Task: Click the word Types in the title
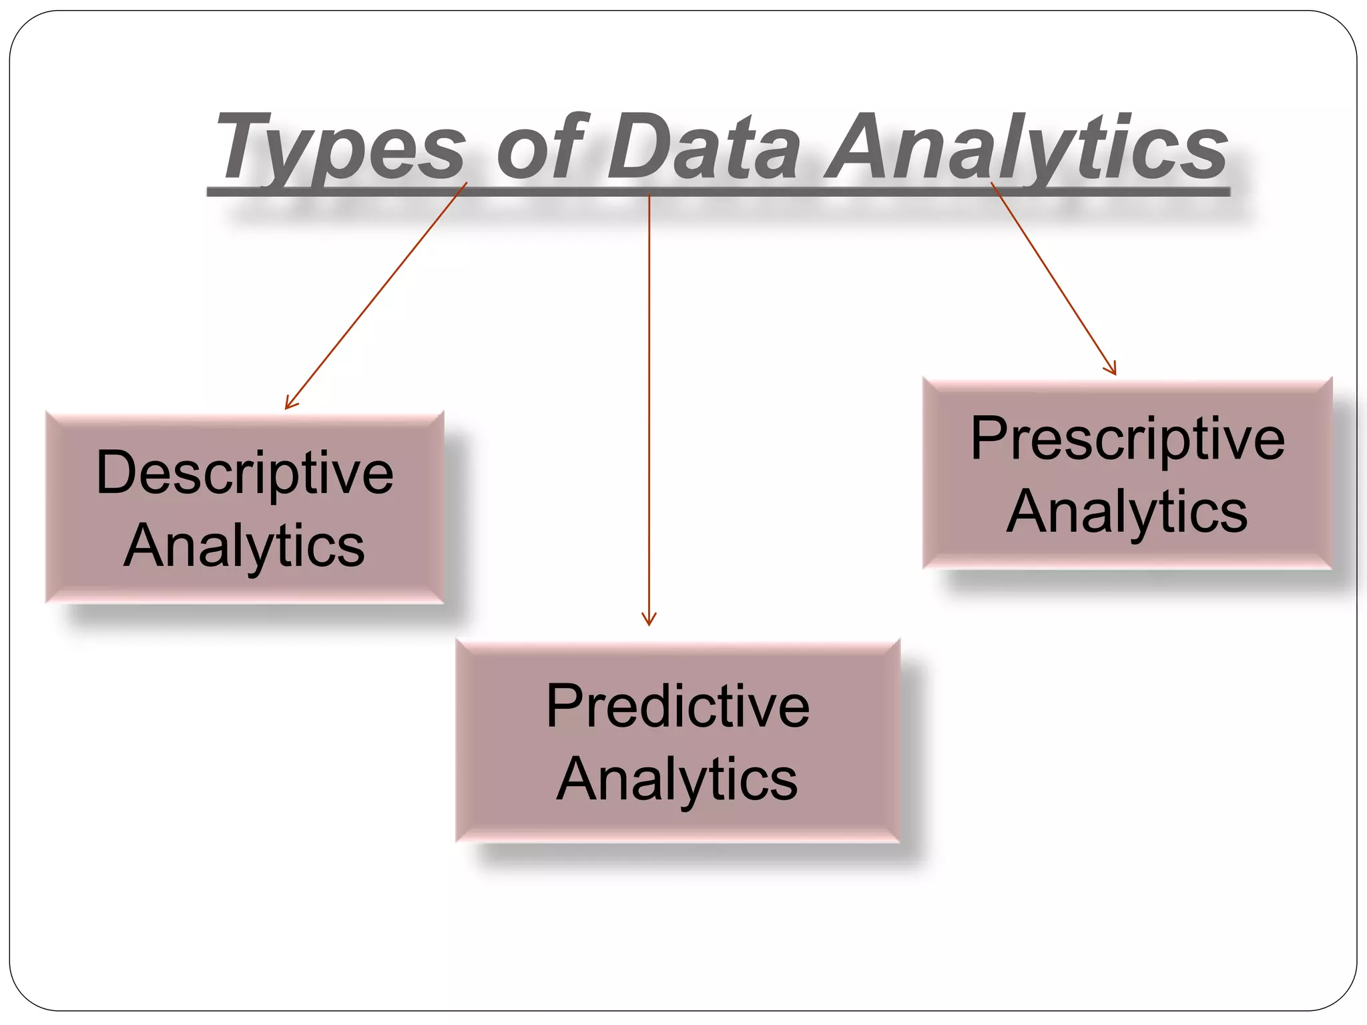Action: click(340, 148)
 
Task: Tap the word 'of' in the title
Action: click(541, 148)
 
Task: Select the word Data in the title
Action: click(704, 148)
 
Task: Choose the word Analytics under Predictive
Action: click(677, 779)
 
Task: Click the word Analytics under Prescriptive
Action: click(1127, 512)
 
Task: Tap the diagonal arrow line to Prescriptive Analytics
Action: click(1053, 277)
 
